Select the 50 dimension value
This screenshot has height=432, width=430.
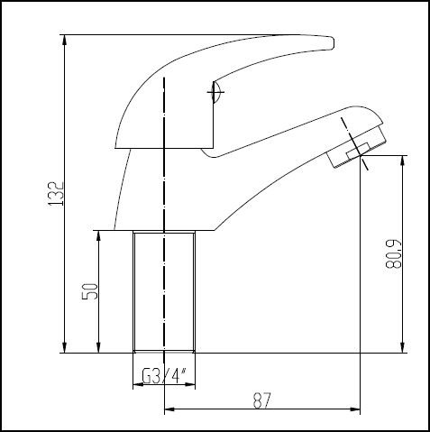(88, 291)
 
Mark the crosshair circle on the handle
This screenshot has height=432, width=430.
(215, 91)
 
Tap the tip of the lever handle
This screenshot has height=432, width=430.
(330, 41)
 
